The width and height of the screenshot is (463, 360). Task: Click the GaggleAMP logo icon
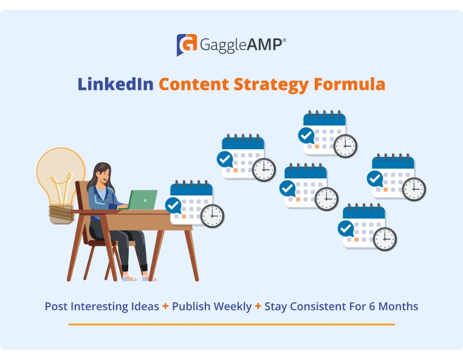click(187, 45)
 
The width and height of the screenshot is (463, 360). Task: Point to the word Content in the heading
click(193, 84)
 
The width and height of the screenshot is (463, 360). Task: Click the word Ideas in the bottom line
click(142, 306)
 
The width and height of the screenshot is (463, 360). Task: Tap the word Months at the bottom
click(398, 306)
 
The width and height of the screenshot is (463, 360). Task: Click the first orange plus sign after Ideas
click(165, 306)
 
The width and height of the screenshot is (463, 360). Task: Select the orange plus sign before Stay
click(258, 306)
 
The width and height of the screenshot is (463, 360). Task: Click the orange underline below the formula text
click(231, 324)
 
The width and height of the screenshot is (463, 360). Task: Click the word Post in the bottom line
click(56, 306)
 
